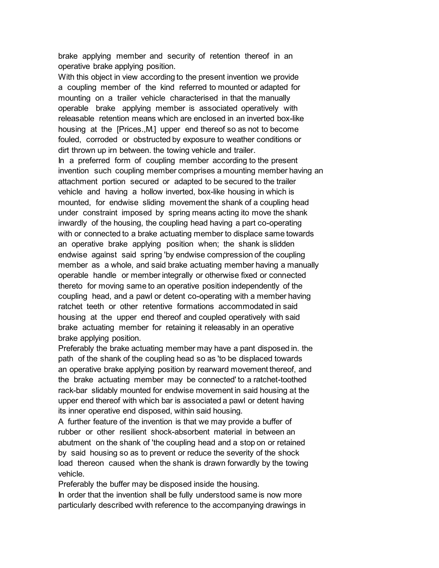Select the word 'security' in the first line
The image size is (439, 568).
[x=181, y=56]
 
